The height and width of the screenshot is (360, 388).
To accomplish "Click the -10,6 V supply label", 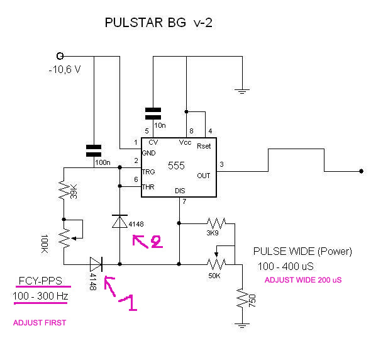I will coord(65,69).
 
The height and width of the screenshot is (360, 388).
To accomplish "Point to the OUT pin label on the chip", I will coord(203,176).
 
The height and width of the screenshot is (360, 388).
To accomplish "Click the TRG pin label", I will coord(148,171).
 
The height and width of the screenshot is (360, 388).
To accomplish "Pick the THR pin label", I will coord(148,186).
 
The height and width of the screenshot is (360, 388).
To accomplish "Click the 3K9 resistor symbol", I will coord(216,222).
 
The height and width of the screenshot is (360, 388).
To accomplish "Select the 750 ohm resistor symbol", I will coord(241,298).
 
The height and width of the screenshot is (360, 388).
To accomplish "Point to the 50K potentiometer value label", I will coord(214,276).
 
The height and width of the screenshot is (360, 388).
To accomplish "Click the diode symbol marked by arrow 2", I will coord(119,222).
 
